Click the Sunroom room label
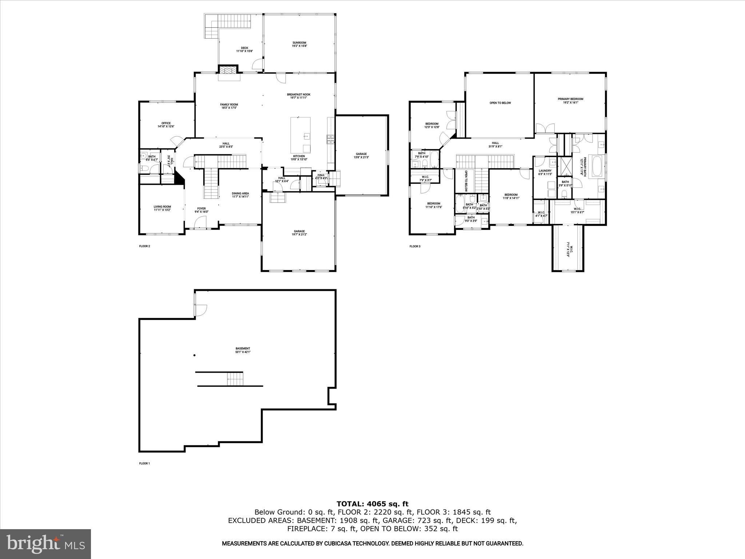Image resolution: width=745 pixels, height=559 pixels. [299, 44]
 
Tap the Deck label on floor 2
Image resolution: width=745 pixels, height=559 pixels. [244, 49]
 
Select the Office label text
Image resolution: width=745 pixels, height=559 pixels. [166, 125]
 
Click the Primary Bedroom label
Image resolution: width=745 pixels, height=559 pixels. [570, 100]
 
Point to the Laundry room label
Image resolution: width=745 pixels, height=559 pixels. [545, 172]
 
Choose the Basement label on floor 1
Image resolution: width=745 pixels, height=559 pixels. [243, 350]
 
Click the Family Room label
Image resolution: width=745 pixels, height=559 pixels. [229, 106]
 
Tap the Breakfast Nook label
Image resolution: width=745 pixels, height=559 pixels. [298, 96]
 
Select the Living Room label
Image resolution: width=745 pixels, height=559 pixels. [162, 208]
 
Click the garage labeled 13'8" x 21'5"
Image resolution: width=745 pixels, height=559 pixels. [361, 155]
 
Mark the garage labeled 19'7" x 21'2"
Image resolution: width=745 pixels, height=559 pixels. [299, 233]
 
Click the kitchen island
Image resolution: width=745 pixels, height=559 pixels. [300, 135]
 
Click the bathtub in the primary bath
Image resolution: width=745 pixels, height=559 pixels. [597, 166]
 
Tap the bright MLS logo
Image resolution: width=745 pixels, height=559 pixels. [45, 544]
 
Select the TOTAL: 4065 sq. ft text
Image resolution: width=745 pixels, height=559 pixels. [372, 504]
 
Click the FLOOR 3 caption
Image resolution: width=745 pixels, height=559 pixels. [415, 246]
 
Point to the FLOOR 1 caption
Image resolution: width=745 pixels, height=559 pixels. [144, 464]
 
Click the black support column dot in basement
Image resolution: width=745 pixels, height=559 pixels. [195, 355]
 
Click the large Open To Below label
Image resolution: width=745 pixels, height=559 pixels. [500, 103]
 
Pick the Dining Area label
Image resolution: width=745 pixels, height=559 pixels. [240, 195]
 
